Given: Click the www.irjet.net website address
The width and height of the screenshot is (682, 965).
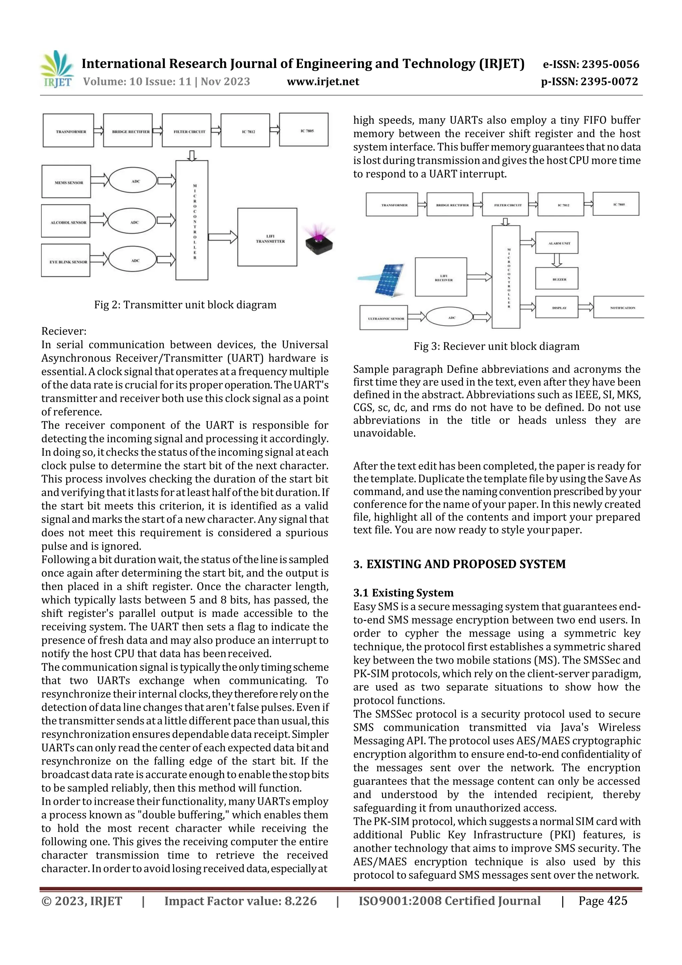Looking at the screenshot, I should pos(323,82).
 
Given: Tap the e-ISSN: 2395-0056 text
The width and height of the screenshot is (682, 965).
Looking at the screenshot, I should pos(591,64).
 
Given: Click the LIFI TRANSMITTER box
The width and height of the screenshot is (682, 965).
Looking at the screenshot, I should pos(267,238).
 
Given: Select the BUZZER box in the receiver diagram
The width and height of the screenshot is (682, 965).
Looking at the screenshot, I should pos(557,279).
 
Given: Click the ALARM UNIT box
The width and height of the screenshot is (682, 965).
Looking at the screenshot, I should pos(557,243).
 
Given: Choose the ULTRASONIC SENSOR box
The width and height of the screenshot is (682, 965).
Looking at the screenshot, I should pos(384,318).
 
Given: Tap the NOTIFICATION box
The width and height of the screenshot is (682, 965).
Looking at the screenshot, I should pos(618,308).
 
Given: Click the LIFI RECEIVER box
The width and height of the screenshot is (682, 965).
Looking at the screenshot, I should pos(441,277).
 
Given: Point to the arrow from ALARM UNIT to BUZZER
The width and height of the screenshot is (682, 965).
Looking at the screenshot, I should pos(557,260).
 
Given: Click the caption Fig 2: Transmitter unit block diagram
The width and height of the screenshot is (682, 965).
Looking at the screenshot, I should pos(185,305).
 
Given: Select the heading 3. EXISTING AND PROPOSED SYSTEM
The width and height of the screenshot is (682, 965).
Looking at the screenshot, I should pos(459,564).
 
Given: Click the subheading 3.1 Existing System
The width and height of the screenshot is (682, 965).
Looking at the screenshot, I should pos(403,593).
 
